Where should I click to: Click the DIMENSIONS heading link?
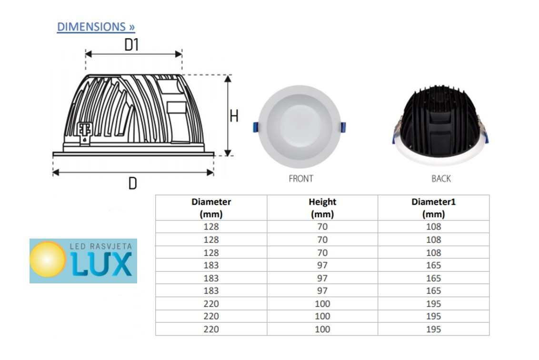[x=96, y=27]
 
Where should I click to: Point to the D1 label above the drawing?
[x=131, y=45]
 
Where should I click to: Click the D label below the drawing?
[x=133, y=183]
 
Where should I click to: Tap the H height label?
[x=234, y=116]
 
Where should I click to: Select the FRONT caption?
[x=301, y=179]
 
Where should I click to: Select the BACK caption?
[x=441, y=179]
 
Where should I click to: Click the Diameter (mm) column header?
[x=211, y=208]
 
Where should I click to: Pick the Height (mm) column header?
[x=322, y=208]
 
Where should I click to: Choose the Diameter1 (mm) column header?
[x=433, y=208]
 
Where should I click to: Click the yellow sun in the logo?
[x=48, y=259]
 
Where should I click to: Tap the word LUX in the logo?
[x=101, y=264]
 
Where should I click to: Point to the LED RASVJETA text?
[x=101, y=246]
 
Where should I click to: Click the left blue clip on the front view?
[x=255, y=127]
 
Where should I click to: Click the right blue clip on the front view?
[x=343, y=127]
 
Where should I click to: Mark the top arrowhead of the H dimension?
[x=228, y=79]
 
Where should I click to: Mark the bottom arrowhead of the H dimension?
[x=228, y=153]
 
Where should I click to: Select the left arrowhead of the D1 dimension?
[x=89, y=54]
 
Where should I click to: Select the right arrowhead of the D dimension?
[x=210, y=172]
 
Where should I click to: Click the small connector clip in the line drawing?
[x=84, y=133]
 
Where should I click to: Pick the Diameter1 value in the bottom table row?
[x=433, y=329]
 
